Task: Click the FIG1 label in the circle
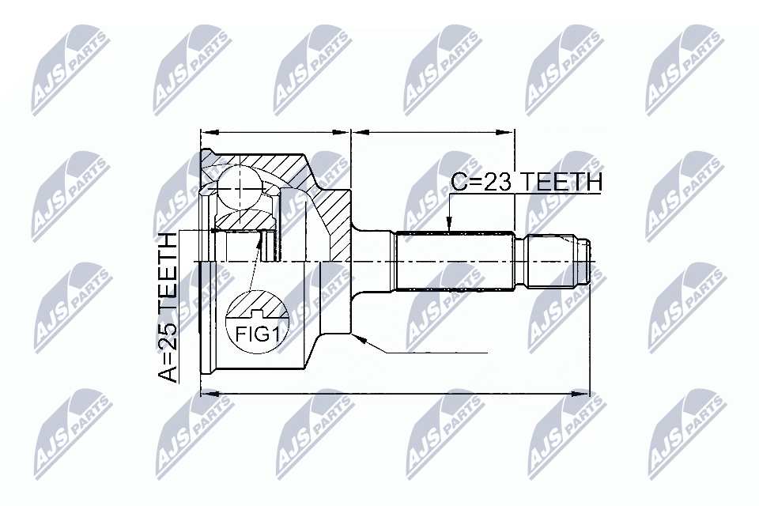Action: click(x=257, y=334)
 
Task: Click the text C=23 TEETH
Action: click(x=527, y=183)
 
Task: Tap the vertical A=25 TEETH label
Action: click(x=168, y=308)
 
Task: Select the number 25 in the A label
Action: click(x=168, y=341)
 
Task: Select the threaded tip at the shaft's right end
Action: click(x=559, y=262)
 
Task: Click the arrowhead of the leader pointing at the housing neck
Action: click(x=359, y=340)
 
